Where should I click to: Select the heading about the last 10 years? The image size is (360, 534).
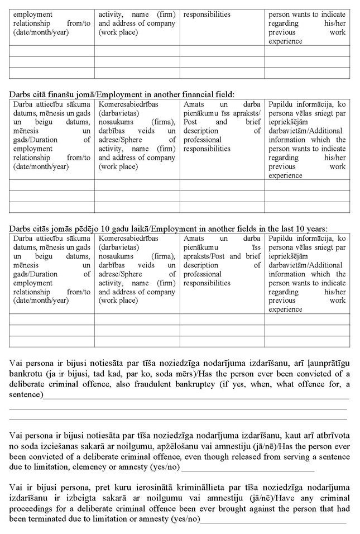point(167,228)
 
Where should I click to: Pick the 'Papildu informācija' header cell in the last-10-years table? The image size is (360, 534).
point(307,274)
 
